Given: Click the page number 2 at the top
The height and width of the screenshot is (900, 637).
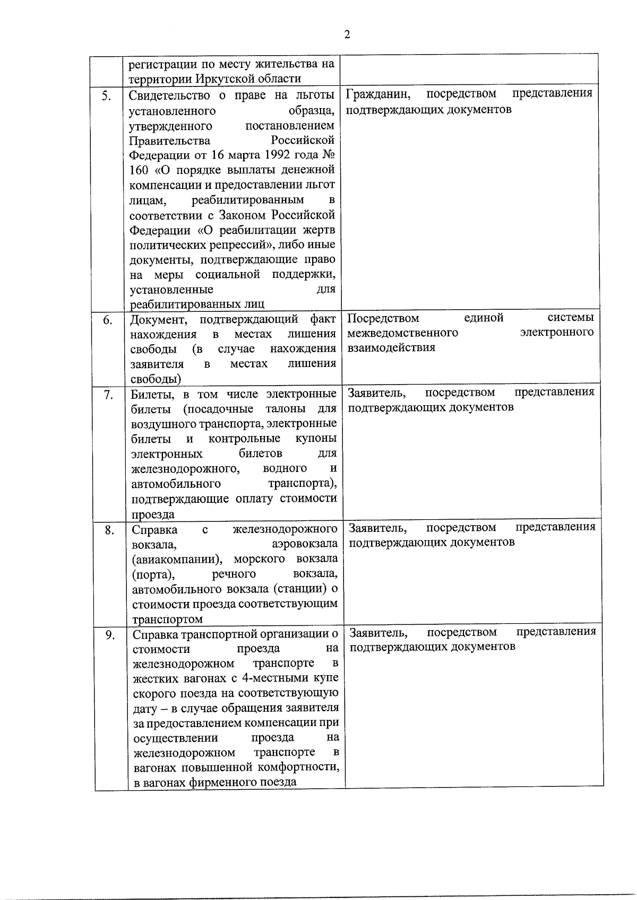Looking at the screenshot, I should [x=347, y=35].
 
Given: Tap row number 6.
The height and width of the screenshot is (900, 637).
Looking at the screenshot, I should [x=107, y=320].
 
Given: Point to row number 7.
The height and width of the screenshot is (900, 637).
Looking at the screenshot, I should [x=108, y=395].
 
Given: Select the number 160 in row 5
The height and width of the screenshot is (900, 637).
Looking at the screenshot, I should [x=140, y=170].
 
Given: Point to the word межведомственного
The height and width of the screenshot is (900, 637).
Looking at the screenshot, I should [x=403, y=333].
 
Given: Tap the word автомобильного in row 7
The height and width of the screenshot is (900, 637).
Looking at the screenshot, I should [x=176, y=484].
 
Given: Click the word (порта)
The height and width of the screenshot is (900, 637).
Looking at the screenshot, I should [x=153, y=574].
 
